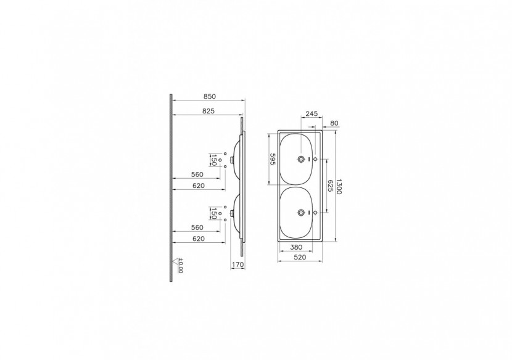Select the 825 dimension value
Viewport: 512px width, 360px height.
point(207,112)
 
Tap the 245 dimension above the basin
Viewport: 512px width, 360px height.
point(312,113)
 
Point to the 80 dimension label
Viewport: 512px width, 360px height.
point(334,123)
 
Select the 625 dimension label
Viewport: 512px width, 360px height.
point(330,186)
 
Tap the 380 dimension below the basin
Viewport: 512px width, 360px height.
point(295,248)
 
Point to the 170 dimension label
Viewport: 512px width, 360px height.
point(237,265)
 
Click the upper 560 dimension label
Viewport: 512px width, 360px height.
point(197,174)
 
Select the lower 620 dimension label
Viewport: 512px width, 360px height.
point(197,238)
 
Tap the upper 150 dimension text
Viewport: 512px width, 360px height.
point(213,160)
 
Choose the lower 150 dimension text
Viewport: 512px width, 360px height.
point(213,213)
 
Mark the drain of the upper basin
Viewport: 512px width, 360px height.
point(301,159)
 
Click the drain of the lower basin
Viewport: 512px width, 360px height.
point(301,213)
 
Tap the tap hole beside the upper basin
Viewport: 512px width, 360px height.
point(316,159)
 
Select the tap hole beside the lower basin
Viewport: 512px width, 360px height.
point(316,213)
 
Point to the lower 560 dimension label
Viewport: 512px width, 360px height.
point(197,227)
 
